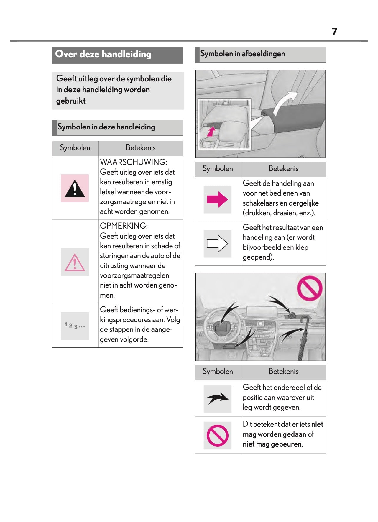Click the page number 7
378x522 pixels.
[334, 32]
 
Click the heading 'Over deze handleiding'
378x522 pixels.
[103, 54]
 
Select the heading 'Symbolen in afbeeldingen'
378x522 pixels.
[242, 54]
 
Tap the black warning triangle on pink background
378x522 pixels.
[75, 189]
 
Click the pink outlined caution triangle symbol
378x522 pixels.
[75, 262]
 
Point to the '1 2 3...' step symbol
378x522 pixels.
[75, 326]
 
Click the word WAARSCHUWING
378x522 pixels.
[133, 162]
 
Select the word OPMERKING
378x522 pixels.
[123, 226]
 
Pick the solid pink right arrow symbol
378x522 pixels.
[217, 200]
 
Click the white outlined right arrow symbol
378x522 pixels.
[217, 244]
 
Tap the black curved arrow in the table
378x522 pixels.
[217, 399]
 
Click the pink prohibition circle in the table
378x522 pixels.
[217, 435]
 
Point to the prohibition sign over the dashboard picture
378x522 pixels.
[310, 288]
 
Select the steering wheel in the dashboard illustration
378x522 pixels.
[223, 326]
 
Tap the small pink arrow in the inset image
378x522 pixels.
[211, 132]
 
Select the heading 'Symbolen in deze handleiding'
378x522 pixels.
[106, 127]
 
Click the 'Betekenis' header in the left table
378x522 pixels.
[140, 148]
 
